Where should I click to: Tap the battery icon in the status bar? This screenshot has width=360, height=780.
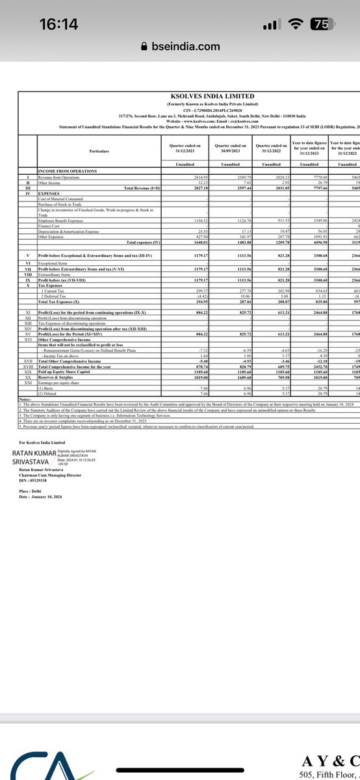[320, 24]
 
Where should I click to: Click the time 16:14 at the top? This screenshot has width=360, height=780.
[58, 24]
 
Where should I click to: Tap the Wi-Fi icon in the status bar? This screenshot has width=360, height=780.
[298, 24]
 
